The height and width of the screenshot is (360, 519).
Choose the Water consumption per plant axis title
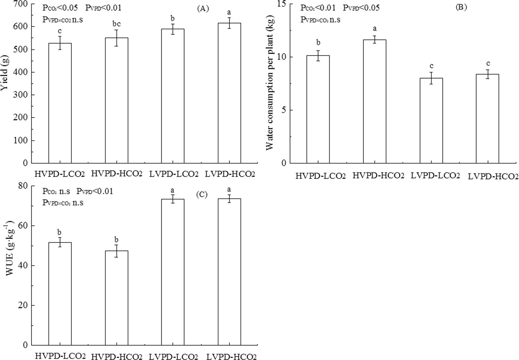[x=270, y=84]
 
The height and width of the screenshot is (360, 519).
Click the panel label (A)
[x=203, y=9]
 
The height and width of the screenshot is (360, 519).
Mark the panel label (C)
[x=201, y=195]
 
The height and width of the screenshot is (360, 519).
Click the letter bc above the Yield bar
[x=116, y=24]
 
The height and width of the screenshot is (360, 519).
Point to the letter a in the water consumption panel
[x=375, y=29]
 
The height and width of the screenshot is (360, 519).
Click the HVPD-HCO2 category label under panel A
[x=116, y=173]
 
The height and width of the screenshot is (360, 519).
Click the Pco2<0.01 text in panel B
[x=318, y=8]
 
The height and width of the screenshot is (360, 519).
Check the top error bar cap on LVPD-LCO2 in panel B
[x=431, y=72]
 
